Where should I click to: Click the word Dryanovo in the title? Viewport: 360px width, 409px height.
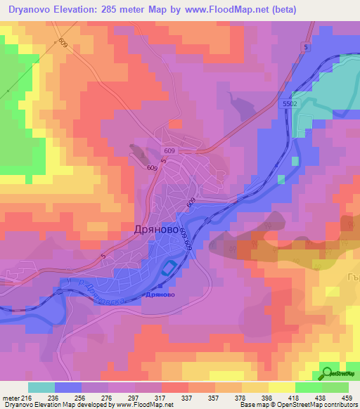coord(34,10)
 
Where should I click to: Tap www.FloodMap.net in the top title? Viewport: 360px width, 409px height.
coord(219,10)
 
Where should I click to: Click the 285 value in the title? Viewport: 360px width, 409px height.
coord(125,10)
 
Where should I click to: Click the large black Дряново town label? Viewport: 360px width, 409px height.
coord(155,229)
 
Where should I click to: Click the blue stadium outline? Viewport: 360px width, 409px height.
coord(169,268)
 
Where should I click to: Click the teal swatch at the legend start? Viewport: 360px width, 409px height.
coord(41,387)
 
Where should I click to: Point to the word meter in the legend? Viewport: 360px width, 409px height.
coord(9,398)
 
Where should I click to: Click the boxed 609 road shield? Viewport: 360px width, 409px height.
coord(169,151)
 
